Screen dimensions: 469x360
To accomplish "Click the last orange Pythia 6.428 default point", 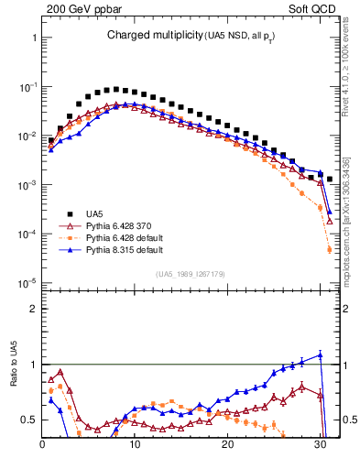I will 330,249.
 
